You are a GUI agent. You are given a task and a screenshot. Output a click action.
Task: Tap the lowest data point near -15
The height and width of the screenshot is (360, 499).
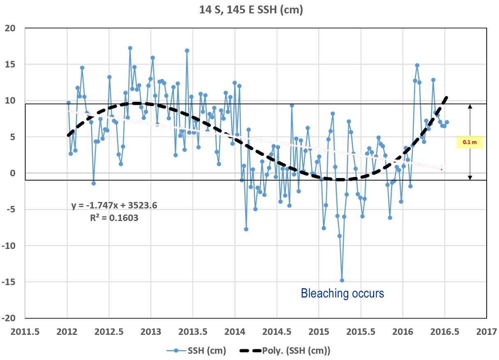(342, 280)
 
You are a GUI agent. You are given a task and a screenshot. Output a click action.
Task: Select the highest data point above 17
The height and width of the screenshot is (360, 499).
(130, 48)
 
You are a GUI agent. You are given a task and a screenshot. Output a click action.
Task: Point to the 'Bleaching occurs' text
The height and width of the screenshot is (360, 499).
(343, 294)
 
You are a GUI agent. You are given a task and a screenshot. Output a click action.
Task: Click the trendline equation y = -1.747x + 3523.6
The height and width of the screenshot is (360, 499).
(114, 205)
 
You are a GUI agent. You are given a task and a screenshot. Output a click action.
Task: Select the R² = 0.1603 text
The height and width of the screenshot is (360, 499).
(114, 218)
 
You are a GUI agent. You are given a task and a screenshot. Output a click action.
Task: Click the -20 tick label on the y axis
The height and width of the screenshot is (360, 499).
(10, 318)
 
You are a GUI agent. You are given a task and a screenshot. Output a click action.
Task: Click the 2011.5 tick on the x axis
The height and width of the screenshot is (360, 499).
(25, 331)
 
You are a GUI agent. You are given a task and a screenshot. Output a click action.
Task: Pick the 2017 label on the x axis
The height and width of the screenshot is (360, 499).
(487, 331)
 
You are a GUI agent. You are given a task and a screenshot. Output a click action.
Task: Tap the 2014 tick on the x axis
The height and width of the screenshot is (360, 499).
(235, 331)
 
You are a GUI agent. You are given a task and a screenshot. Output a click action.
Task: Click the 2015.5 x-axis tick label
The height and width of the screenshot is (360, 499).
(361, 331)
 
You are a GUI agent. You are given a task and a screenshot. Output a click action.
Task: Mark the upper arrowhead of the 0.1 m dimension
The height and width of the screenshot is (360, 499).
(470, 106)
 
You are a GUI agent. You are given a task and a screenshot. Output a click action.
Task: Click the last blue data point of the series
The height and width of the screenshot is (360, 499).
(447, 122)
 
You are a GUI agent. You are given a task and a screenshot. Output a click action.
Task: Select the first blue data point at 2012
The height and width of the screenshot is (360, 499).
(68, 103)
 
